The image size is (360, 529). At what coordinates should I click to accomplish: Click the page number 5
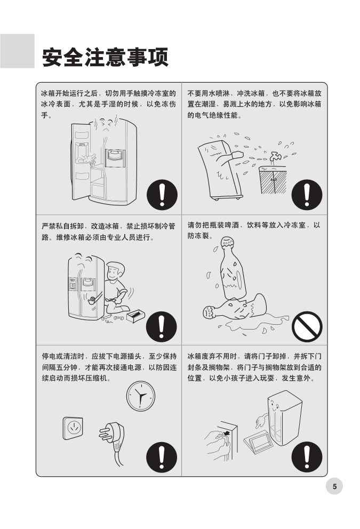pos(334,486)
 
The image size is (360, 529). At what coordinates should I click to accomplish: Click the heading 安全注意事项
pos(105,58)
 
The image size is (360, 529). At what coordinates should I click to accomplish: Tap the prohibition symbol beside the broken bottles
pos(307,326)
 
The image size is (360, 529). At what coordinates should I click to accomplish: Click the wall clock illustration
pos(141,396)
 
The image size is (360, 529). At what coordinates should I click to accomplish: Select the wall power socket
pos(73,428)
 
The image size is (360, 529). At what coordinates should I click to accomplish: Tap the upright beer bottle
pos(232,268)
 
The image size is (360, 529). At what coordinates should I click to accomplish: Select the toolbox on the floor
pos(135,316)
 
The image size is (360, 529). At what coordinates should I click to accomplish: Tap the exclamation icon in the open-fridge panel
pos(162,195)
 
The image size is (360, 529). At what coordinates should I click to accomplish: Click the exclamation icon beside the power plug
pos(162,458)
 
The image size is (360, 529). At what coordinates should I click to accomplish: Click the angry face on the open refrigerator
pos(106,126)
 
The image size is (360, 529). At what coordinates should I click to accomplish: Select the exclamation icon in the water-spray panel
pos(307,195)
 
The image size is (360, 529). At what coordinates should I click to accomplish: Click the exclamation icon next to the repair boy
pos(161,326)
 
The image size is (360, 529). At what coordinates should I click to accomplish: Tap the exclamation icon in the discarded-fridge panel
pos(307,457)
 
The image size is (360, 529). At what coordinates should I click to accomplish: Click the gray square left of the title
pos(17,51)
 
